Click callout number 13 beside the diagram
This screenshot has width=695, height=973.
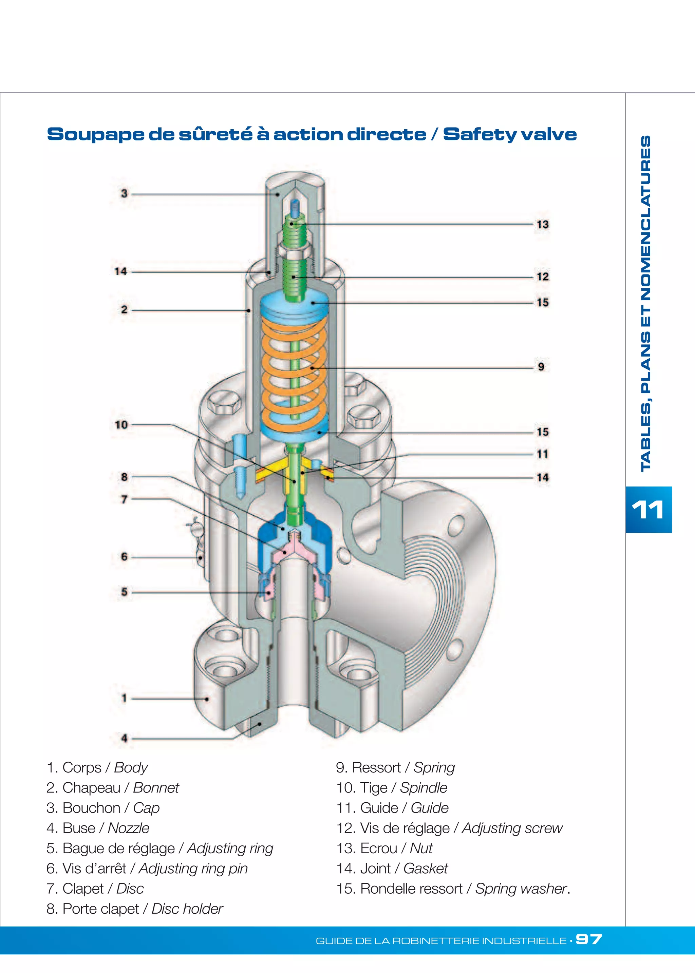[542, 224]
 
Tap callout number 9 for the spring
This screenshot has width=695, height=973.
[541, 367]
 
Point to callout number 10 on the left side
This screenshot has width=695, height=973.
[121, 425]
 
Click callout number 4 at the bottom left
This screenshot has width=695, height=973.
[124, 738]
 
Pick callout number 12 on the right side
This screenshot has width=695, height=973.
[542, 276]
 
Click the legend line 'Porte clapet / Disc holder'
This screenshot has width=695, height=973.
[135, 909]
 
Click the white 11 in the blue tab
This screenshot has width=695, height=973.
[648, 510]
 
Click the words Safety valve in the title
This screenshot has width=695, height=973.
[509, 134]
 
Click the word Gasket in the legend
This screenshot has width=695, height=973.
[426, 868]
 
